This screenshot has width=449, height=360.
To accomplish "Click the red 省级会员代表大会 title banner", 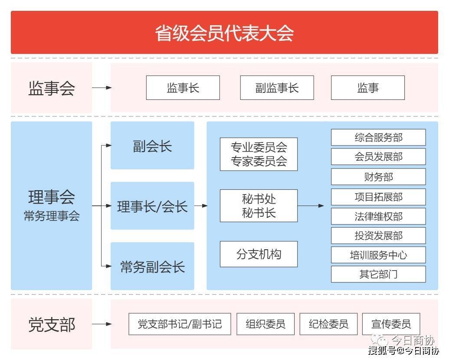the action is pyautogui.click(x=225, y=33).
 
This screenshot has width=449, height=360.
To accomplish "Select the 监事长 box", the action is pyautogui.click(x=183, y=88).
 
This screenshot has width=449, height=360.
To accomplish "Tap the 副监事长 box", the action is pyautogui.click(x=277, y=88).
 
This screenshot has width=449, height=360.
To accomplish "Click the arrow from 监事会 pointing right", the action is pyautogui.click(x=102, y=88).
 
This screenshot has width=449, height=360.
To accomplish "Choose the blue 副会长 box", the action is pyautogui.click(x=152, y=145).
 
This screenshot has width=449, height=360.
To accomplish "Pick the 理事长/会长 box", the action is pyautogui.click(x=152, y=206).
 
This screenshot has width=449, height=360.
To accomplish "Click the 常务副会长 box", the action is pyautogui.click(x=152, y=266).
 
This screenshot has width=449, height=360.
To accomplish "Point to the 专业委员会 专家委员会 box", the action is pyautogui.click(x=259, y=154).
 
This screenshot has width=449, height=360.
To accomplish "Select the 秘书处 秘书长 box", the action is pyautogui.click(x=259, y=205).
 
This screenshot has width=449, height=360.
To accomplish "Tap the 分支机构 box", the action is pyautogui.click(x=259, y=254).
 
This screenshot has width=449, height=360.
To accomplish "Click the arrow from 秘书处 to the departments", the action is pyautogui.click(x=311, y=205).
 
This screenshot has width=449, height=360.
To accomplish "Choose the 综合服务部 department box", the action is pyautogui.click(x=378, y=137).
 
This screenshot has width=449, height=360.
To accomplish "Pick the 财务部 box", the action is pyautogui.click(x=378, y=177).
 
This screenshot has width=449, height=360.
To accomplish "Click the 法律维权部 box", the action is pyautogui.click(x=378, y=216).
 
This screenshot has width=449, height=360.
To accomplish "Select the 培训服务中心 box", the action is pyautogui.click(x=378, y=255).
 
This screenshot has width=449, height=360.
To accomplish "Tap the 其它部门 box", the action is pyautogui.click(x=378, y=274).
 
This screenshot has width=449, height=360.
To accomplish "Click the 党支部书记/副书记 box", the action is pyautogui.click(x=180, y=324).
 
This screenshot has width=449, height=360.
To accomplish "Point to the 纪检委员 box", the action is pyautogui.click(x=328, y=324).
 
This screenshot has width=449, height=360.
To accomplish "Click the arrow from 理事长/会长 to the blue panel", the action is pyautogui.click(x=201, y=205).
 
